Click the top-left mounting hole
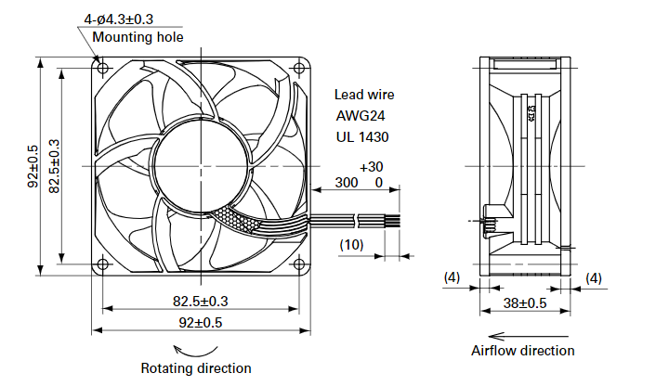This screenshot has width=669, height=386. pyautogui.click(x=103, y=68)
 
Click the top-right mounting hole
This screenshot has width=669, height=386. pyautogui.click(x=299, y=68)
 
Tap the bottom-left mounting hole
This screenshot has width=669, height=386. pyautogui.click(x=103, y=264)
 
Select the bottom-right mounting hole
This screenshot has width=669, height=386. pyautogui.click(x=299, y=264)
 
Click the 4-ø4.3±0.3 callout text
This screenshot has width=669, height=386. pyautogui.click(x=119, y=19)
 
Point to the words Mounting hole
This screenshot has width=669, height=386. pyautogui.click(x=138, y=37)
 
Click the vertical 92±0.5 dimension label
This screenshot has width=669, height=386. pyautogui.click(x=33, y=166)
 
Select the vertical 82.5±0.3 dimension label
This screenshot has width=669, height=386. pyautogui.click(x=54, y=166)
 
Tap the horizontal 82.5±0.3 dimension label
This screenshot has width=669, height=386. pyautogui.click(x=201, y=302)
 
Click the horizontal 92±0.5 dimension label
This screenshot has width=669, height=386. pyautogui.click(x=201, y=323)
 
